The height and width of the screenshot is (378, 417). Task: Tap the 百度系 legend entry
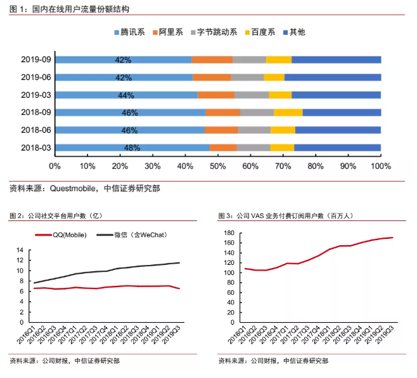[263, 32]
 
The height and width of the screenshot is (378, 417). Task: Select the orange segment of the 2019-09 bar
[212, 60]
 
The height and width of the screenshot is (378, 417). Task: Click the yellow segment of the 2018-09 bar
[288, 112]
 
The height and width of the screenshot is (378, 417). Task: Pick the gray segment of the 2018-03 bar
[253, 148]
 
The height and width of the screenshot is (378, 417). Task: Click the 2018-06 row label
[35, 130]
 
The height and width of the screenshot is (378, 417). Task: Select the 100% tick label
[380, 166]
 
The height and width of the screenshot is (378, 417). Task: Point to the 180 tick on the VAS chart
[230, 233]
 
